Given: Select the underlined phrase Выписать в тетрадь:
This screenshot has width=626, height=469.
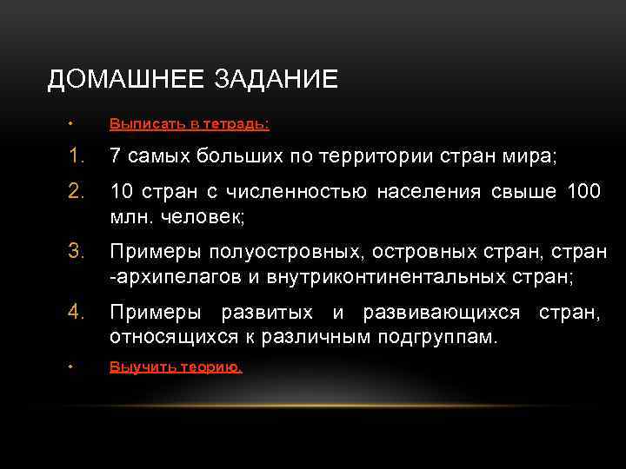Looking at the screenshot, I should [189, 124].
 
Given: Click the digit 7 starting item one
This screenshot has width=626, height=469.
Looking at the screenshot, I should [115, 157].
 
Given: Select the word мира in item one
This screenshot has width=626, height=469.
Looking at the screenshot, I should [529, 157].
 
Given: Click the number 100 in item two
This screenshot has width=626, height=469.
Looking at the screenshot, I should [583, 191].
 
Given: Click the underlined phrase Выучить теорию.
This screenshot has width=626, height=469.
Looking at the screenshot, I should [176, 367].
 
